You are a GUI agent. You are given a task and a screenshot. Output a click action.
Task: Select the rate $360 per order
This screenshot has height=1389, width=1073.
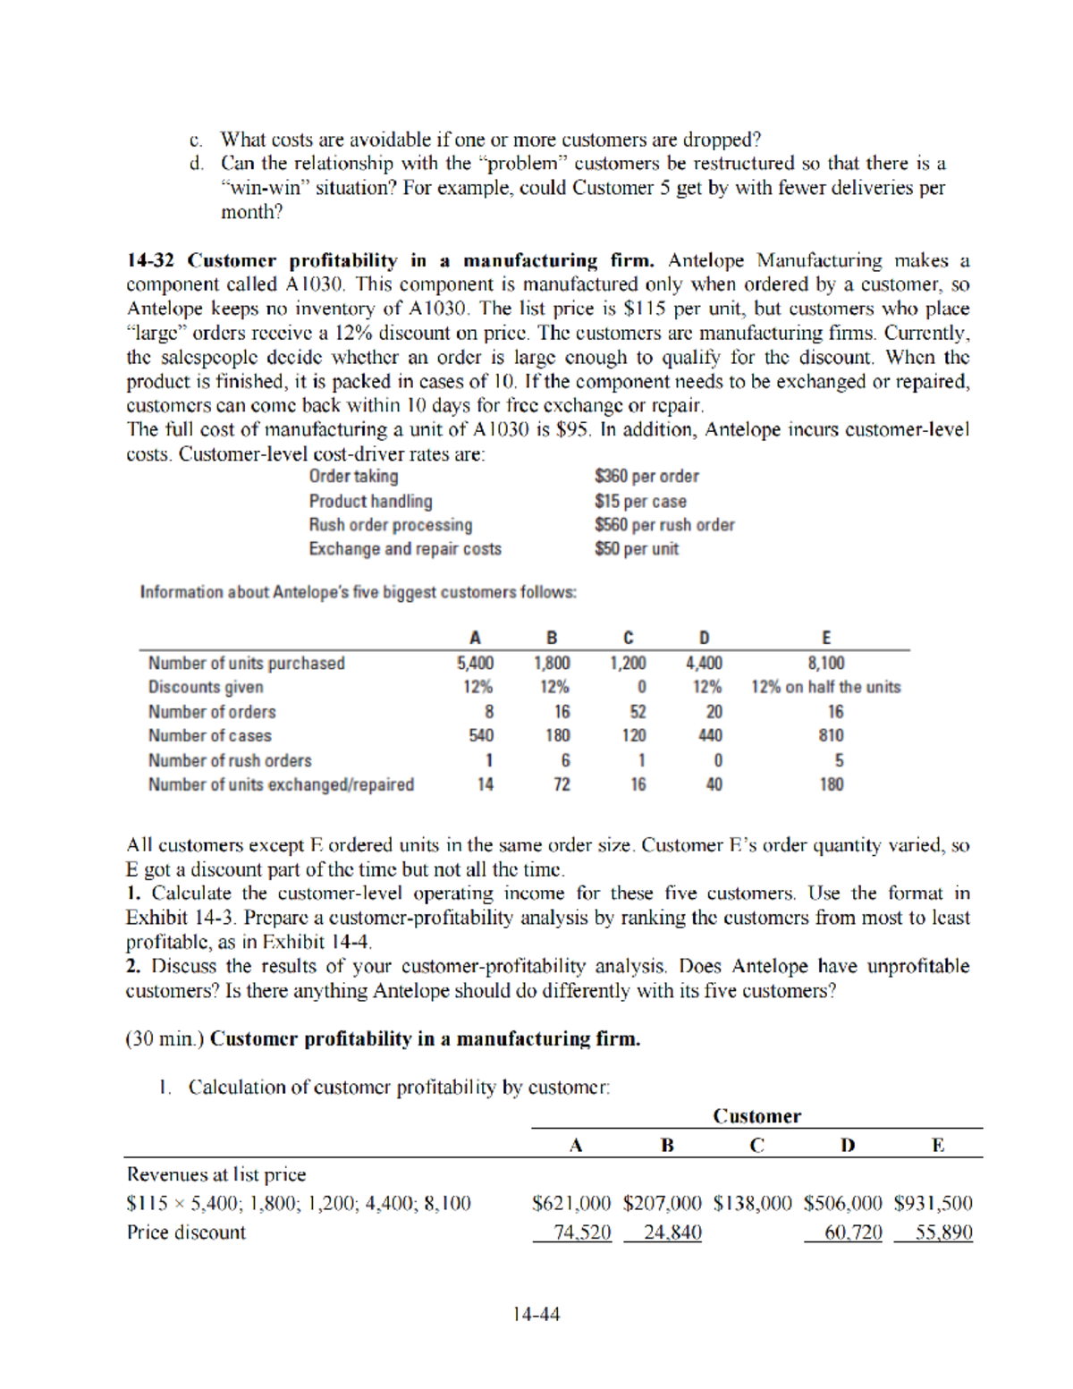pyautogui.click(x=646, y=477)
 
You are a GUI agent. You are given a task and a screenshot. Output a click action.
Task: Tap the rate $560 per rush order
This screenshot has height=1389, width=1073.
pyautogui.click(x=664, y=525)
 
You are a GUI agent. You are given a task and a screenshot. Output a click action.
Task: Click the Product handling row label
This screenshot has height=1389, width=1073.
pyautogui.click(x=370, y=502)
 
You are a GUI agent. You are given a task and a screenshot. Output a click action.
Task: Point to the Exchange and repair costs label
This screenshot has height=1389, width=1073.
pyautogui.click(x=405, y=549)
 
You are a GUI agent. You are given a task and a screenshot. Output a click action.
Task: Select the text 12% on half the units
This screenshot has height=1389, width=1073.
pyautogui.click(x=825, y=688)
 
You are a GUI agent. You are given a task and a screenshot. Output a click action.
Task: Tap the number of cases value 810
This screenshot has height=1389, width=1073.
pyautogui.click(x=831, y=736)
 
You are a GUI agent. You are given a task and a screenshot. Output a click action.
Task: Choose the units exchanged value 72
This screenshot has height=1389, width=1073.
pyautogui.click(x=562, y=785)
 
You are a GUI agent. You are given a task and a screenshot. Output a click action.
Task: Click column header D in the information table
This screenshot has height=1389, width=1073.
pyautogui.click(x=704, y=638)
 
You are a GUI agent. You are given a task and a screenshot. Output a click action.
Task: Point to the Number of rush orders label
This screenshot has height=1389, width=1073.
pyautogui.click(x=230, y=761)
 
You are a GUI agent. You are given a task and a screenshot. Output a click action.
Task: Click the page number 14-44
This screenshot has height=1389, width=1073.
pyautogui.click(x=536, y=1314)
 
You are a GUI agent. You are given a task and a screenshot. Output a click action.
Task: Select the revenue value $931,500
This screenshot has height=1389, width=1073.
pyautogui.click(x=933, y=1204)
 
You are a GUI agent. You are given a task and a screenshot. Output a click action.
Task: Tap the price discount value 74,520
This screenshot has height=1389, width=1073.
pyautogui.click(x=581, y=1232)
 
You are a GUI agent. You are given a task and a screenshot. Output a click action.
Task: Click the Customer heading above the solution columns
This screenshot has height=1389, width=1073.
pyautogui.click(x=756, y=1116)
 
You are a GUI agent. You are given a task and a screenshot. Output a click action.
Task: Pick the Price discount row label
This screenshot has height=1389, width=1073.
pyautogui.click(x=186, y=1232)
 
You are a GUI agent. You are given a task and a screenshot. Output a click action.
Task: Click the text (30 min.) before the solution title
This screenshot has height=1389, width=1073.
pyautogui.click(x=165, y=1039)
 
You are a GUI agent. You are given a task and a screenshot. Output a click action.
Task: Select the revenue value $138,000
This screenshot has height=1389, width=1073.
pyautogui.click(x=752, y=1204)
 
